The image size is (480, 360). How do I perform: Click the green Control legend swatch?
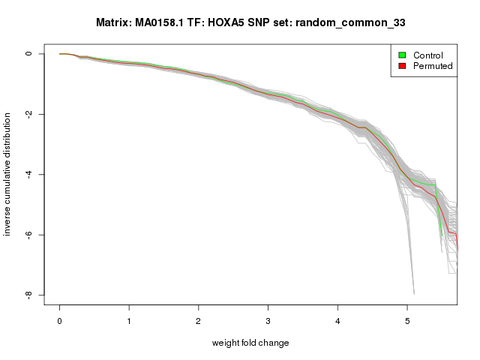click(x=402, y=55)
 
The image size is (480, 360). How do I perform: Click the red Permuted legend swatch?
click(x=402, y=67)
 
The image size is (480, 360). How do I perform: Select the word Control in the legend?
click(x=428, y=55)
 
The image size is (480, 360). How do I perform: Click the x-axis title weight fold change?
click(x=250, y=343)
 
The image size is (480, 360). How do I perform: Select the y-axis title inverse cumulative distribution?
click(x=8, y=174)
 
